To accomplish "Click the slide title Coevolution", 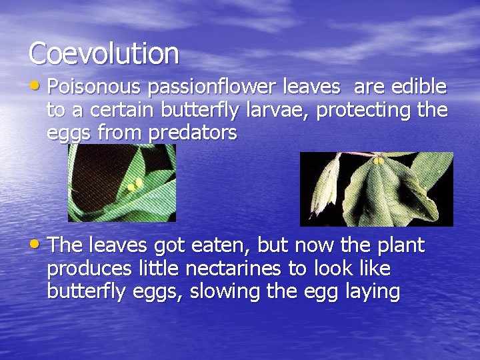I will coord(103,53).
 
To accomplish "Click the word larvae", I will coord(274,110).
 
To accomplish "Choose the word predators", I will coord(193,133).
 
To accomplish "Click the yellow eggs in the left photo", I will coord(135,183).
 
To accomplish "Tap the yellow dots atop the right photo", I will coord(378,161).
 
